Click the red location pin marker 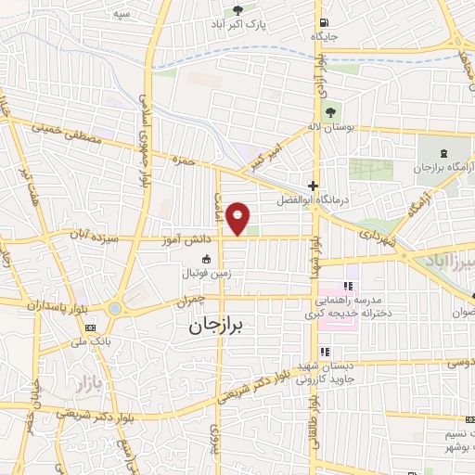coord(238,217)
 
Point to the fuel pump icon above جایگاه coord(321,22)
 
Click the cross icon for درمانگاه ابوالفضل coord(314,186)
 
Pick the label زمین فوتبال coord(205,274)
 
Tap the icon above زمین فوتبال coord(205,259)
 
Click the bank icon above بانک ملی coord(91,327)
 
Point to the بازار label coord(85,381)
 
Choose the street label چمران coord(189,302)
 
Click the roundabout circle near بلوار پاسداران coord(114,307)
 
